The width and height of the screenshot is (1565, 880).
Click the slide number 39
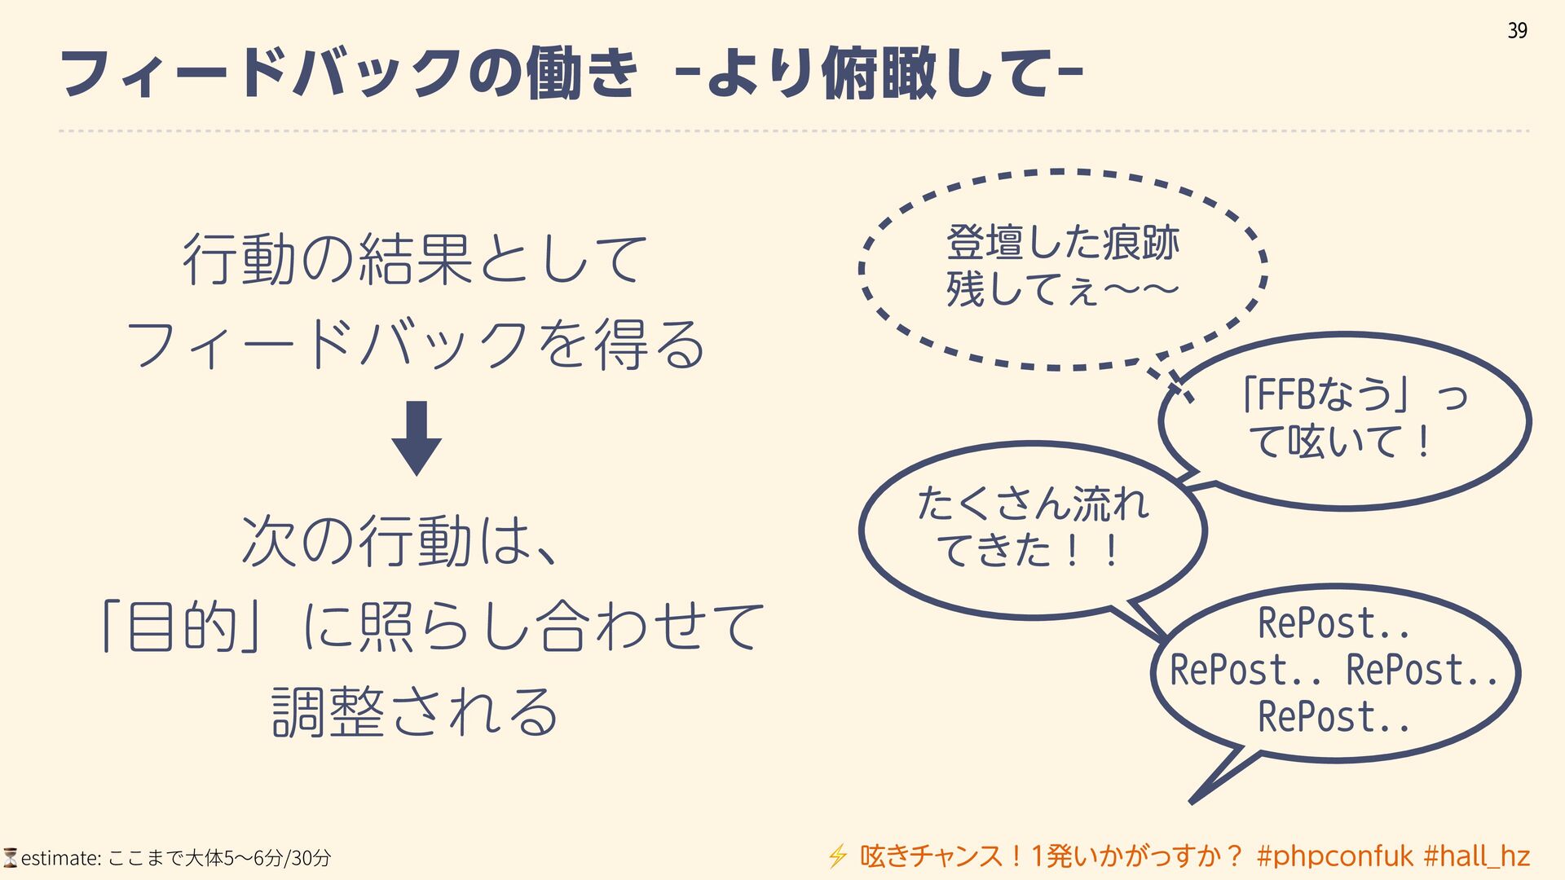pyautogui.click(x=1516, y=31)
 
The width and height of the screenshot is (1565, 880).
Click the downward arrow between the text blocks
pyautogui.click(x=417, y=438)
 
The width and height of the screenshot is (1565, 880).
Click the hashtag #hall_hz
pyautogui.click(x=1476, y=856)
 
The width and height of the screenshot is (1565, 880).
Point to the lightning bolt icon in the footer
pyautogui.click(x=837, y=856)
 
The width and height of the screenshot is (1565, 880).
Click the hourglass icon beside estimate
pyautogui.click(x=10, y=857)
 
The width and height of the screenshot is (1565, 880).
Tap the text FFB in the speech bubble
pyautogui.click(x=1287, y=395)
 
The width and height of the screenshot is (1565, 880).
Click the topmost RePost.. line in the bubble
pyautogui.click(x=1334, y=624)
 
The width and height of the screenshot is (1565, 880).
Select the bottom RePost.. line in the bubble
pyautogui.click(x=1334, y=718)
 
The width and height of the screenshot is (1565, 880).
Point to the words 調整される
pyautogui.click(x=415, y=711)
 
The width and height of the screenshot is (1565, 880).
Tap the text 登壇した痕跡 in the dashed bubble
pyautogui.click(x=1062, y=243)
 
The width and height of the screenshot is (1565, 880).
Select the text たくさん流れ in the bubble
pyautogui.click(x=1033, y=503)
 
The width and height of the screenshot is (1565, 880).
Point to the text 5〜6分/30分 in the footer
pyautogui.click(x=277, y=858)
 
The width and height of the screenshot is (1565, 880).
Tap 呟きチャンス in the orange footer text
pyautogui.click(x=930, y=856)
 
